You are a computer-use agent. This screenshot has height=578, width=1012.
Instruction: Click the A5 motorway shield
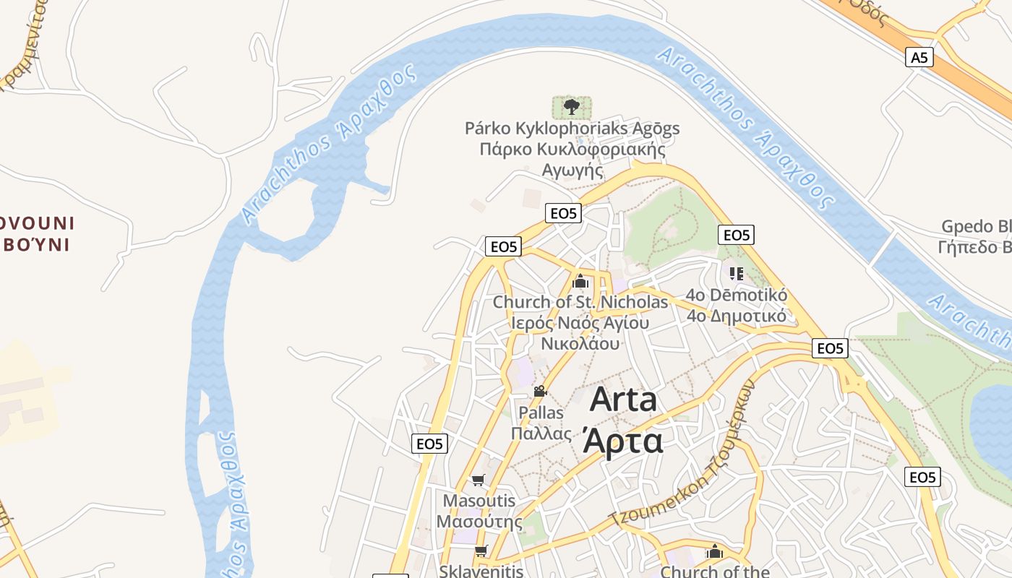tap(919, 57)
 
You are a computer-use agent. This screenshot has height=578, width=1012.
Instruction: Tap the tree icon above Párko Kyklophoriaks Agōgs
tap(572, 108)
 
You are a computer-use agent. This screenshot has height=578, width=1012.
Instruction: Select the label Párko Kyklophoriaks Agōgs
tap(572, 129)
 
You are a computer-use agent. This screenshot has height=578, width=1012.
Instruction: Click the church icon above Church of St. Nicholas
tap(580, 281)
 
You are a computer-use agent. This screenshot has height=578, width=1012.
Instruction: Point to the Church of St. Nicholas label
tap(580, 302)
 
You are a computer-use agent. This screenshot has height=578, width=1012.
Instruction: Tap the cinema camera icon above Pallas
tap(540, 391)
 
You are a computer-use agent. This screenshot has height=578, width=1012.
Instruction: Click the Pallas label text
tap(541, 413)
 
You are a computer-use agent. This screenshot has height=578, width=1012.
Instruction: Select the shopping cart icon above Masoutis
tap(478, 480)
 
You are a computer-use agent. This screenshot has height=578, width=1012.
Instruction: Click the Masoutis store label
tap(479, 501)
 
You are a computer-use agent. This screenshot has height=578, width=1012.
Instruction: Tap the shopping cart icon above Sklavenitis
tap(481, 551)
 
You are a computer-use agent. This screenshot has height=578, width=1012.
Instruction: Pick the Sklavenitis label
tap(481, 571)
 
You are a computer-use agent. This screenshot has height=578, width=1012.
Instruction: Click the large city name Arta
tap(623, 400)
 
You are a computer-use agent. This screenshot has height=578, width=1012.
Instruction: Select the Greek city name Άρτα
tap(622, 440)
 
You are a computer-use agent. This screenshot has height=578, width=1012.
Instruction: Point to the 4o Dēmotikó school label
tap(737, 296)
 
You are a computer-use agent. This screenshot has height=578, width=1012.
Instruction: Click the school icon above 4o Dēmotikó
tap(737, 273)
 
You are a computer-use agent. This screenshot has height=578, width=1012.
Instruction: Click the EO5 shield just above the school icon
tap(736, 235)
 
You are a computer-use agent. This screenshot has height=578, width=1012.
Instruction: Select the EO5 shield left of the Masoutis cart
tap(429, 444)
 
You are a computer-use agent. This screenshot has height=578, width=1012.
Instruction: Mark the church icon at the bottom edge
tap(715, 551)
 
